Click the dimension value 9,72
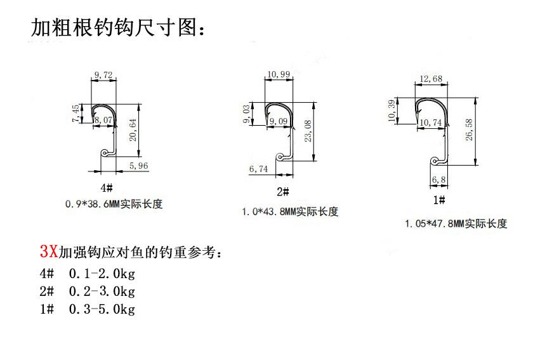(103, 76)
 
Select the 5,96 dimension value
(138, 167)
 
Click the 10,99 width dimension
(279, 74)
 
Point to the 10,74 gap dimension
(430, 123)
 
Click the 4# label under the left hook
(106, 189)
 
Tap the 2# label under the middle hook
(282, 192)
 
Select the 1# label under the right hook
(438, 201)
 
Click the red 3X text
(48, 251)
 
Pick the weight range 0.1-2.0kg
(102, 274)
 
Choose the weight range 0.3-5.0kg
(102, 309)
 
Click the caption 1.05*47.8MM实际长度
(456, 223)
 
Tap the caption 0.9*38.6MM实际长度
(114, 204)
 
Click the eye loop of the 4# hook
(105, 153)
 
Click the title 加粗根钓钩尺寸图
(118, 28)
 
